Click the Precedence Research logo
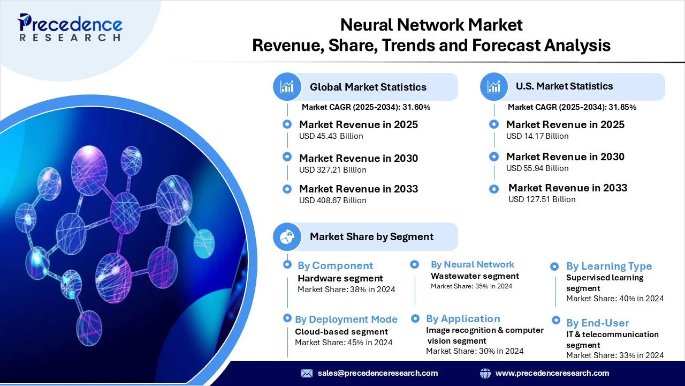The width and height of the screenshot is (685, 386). tap(70, 27)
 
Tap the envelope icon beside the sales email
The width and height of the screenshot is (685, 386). tap(307, 373)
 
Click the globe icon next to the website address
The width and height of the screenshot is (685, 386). tap(485, 373)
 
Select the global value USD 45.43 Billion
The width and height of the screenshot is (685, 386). tap(331, 136)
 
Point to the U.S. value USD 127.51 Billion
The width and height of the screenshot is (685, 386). tap(542, 199)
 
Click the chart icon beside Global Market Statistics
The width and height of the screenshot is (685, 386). tap(287, 87)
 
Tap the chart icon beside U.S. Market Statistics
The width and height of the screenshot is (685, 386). tap(494, 87)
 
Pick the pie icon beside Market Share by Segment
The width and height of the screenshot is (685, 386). tap(287, 236)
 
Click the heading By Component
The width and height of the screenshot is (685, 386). tap(335, 265)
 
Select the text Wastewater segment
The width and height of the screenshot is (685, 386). tap(475, 276)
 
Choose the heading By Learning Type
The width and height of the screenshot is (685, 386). tap(609, 266)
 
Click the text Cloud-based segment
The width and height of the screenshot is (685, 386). tap(341, 332)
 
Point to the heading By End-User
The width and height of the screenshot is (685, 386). tap(598, 323)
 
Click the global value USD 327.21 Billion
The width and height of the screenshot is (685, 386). tap(332, 170)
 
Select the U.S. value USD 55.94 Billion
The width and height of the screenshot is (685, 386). tap(537, 168)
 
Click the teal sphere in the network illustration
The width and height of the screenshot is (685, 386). tap(204, 243)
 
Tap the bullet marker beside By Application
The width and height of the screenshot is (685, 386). tap(415, 318)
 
